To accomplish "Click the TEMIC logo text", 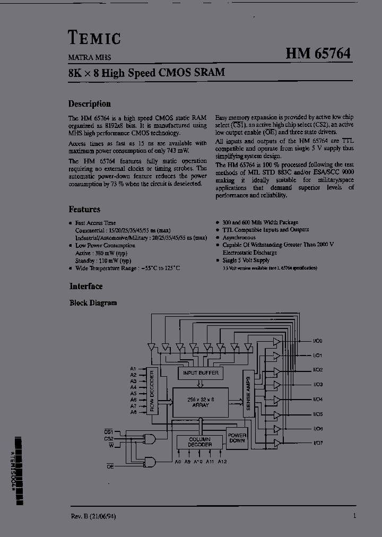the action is [94, 37].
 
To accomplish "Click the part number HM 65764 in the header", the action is [318, 54].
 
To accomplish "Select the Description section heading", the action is [89, 104].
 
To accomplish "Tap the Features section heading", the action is [84, 210].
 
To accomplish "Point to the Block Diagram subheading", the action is [93, 303].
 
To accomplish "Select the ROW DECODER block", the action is [152, 391].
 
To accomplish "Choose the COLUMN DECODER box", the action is [199, 443].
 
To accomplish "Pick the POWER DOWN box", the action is [237, 437].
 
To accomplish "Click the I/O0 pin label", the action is [318, 341].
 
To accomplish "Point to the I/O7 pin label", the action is [318, 443].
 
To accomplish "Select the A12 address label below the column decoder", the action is [222, 462].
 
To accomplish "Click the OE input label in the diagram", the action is [110, 466].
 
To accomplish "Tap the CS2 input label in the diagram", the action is [109, 439].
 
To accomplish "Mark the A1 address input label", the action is [133, 369].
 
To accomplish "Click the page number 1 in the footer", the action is [354, 516].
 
